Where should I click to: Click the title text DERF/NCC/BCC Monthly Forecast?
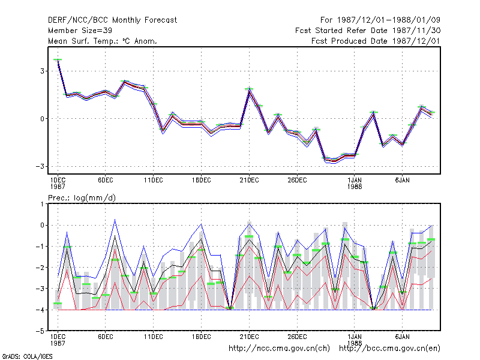(112, 20)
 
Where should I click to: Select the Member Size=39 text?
(80, 31)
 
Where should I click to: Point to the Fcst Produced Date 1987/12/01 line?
(376, 41)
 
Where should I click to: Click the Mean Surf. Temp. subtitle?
(103, 41)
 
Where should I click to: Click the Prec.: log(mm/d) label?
(82, 198)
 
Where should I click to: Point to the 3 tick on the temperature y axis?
(42, 71)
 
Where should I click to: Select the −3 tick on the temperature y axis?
(40, 167)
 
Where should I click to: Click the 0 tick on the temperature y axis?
(42, 119)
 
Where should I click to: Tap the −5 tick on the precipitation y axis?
(40, 331)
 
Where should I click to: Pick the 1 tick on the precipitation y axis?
(42, 204)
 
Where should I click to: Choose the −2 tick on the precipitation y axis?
(40, 268)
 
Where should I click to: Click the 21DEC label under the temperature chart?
(249, 181)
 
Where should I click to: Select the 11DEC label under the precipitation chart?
(154, 337)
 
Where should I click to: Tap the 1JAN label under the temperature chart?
(355, 181)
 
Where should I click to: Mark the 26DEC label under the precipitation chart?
(297, 337)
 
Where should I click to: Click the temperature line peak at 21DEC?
(249, 89)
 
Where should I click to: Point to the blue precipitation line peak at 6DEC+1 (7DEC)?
(115, 220)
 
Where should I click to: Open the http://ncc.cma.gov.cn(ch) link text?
(279, 349)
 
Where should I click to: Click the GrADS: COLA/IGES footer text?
(27, 356)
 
